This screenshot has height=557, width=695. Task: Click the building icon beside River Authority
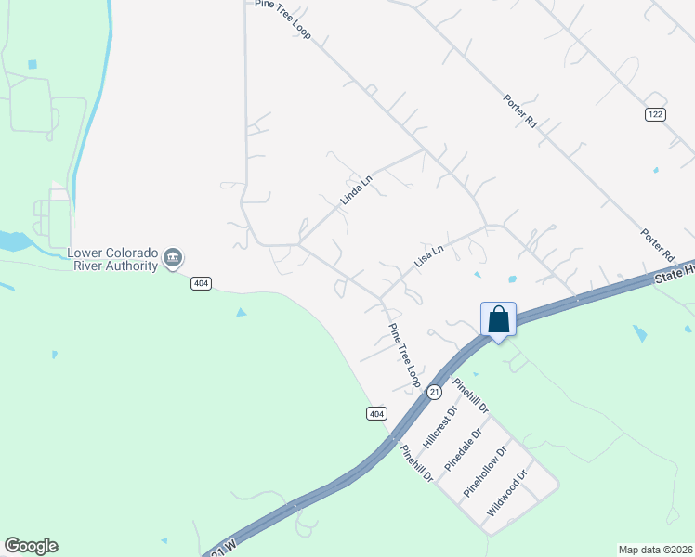(x=172, y=258)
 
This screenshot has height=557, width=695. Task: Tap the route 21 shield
(x=434, y=393)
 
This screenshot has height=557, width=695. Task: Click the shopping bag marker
(x=499, y=319)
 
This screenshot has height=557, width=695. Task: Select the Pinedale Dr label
(x=465, y=447)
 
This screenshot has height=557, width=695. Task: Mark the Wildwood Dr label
(x=507, y=492)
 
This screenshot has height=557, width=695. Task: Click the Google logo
(x=31, y=546)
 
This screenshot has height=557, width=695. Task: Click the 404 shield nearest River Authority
(x=200, y=283)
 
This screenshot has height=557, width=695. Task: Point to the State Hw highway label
(x=674, y=271)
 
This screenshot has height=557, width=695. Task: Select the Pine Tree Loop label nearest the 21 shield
(x=405, y=356)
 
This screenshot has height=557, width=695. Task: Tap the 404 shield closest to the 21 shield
(x=375, y=413)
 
